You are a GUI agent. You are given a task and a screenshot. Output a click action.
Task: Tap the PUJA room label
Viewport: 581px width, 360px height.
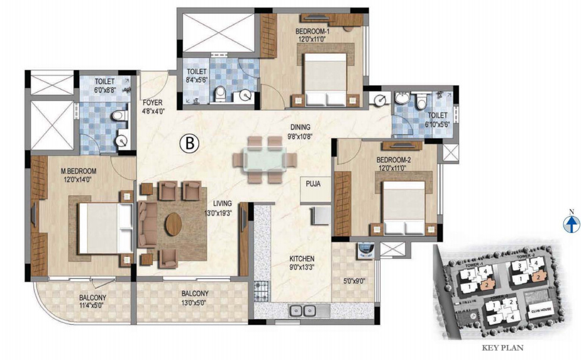pos(314,184)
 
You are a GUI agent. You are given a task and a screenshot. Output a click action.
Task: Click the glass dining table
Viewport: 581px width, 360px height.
pos(264,160)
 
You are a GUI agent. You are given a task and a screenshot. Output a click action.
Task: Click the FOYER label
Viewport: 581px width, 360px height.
pos(153,103)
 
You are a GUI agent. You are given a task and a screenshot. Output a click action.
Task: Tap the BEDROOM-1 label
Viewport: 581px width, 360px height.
pos(312,31)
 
